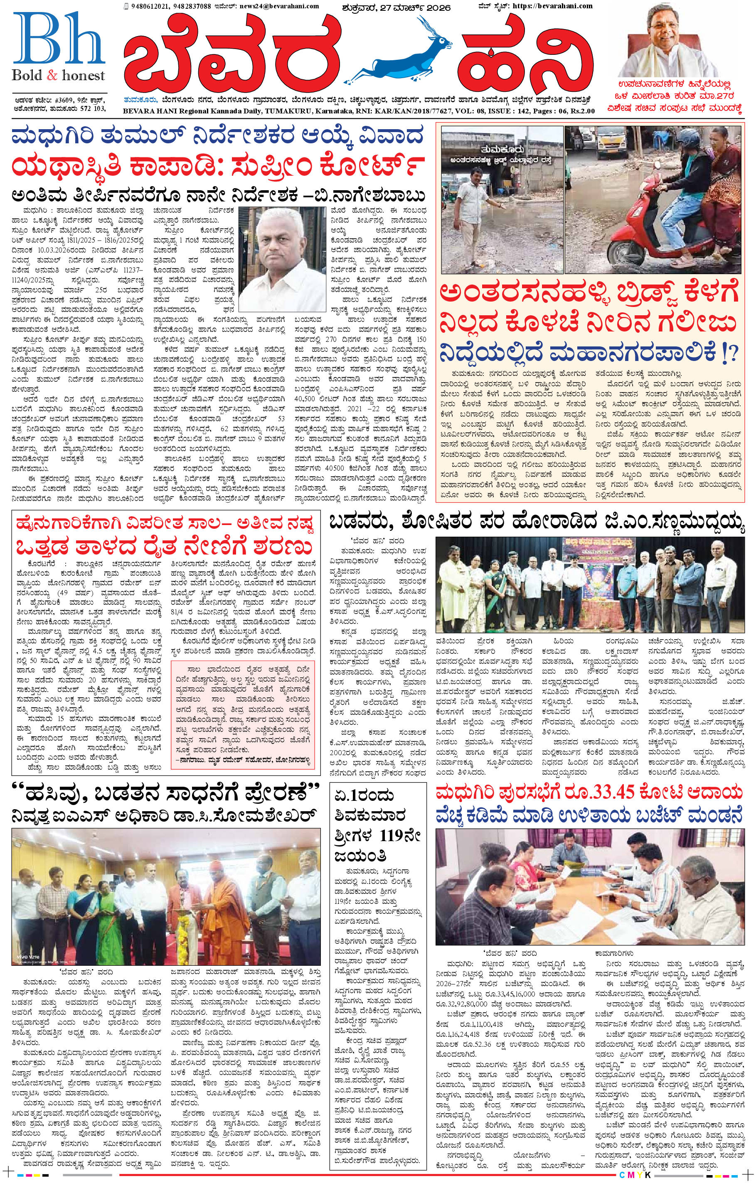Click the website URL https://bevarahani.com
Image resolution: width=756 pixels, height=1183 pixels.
pyautogui.click(x=552, y=6)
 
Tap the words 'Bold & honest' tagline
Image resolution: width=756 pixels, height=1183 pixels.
pyautogui.click(x=59, y=76)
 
